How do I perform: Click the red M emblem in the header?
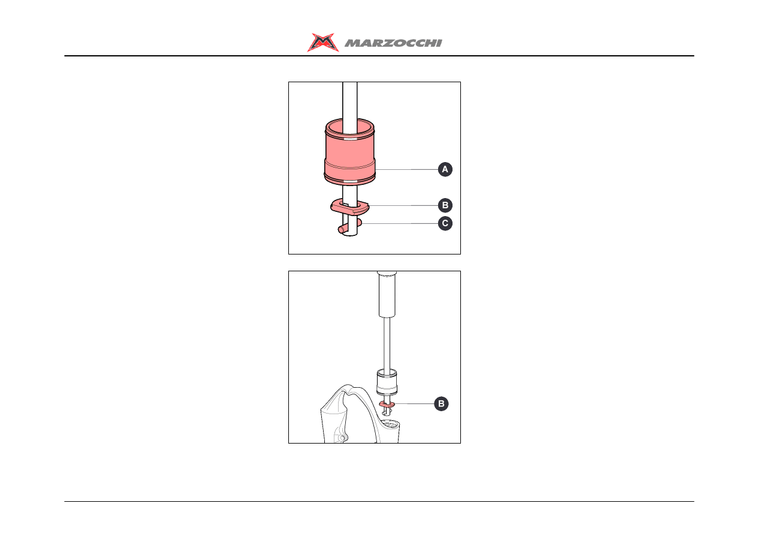[x=322, y=43]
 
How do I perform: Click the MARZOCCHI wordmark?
[x=393, y=43]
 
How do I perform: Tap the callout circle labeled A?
[x=445, y=169]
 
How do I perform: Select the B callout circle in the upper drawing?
[x=445, y=205]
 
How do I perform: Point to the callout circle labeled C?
[x=445, y=223]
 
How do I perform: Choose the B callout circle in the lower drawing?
[x=441, y=404]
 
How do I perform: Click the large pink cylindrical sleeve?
[x=349, y=152]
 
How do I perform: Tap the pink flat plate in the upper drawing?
[x=350, y=207]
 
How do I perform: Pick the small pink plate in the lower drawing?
[x=387, y=405]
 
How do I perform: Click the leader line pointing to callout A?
[x=406, y=169]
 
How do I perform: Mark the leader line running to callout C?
[x=400, y=223]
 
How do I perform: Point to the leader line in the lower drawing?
[x=414, y=404]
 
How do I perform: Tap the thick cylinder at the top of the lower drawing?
[x=387, y=294]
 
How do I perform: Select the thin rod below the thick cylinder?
[x=387, y=343]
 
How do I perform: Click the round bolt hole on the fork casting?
[x=342, y=438]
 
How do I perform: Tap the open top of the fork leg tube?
[x=390, y=423]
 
